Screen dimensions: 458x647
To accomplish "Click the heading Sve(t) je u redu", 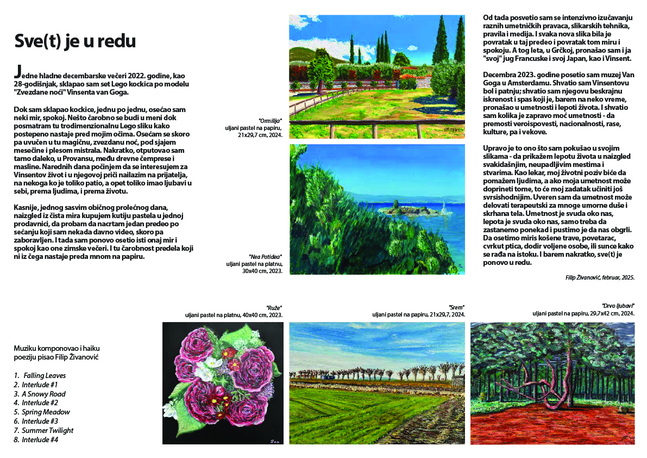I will [x=75, y=42].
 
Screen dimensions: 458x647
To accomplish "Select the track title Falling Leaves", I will [x=45, y=375].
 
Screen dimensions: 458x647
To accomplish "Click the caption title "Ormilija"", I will [x=271, y=121].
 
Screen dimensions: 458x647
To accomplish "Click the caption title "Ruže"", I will [x=274, y=307].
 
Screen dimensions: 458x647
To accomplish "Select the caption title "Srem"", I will [x=457, y=307].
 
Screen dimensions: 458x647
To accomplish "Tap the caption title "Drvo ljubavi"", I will [x=618, y=306].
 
